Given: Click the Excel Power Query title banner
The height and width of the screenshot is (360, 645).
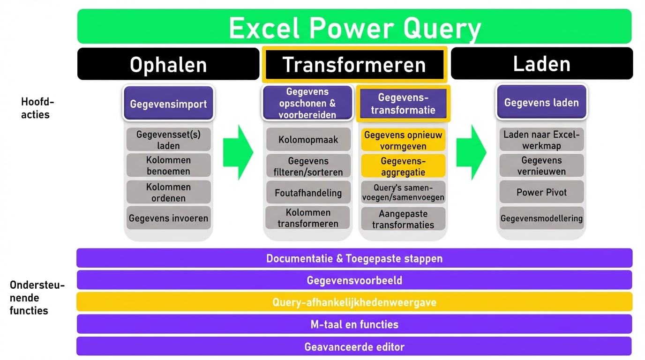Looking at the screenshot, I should point(354,27).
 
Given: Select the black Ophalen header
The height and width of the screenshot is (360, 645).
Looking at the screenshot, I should point(168,64).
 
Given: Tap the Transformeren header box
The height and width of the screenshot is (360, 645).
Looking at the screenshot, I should point(354,65).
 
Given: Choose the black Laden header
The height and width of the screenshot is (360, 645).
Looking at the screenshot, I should point(542,64).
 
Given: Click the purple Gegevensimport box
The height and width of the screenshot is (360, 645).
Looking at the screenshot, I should point(168,104).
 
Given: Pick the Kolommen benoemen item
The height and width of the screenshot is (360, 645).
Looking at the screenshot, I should point(168,165).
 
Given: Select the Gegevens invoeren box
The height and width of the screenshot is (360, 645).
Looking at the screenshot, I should point(168,218).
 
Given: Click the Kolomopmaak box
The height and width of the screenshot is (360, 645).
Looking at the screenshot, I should point(308,139).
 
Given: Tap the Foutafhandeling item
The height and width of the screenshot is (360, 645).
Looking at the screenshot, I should point(308,192).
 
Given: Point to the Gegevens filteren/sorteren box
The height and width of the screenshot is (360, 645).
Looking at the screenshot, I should point(308,166).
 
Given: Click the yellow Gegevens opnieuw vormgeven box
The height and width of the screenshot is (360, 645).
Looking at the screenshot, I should point(403,140).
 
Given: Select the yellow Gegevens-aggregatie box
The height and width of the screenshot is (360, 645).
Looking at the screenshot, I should point(403,166).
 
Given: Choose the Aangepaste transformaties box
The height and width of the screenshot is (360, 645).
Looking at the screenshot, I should point(403,219).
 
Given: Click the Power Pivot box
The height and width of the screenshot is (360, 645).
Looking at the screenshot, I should point(541,192).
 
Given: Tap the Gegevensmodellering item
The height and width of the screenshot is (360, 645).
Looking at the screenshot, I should point(541,218).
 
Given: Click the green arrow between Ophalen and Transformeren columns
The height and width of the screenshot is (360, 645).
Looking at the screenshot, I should point(238,152).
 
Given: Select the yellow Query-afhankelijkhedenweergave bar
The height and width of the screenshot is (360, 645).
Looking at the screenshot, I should point(354,302).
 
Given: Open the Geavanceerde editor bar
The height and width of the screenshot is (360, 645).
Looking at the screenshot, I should point(354,347).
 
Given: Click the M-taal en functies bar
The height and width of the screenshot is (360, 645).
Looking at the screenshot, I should point(354,324).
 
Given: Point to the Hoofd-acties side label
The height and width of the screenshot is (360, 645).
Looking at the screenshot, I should point(35,108).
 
